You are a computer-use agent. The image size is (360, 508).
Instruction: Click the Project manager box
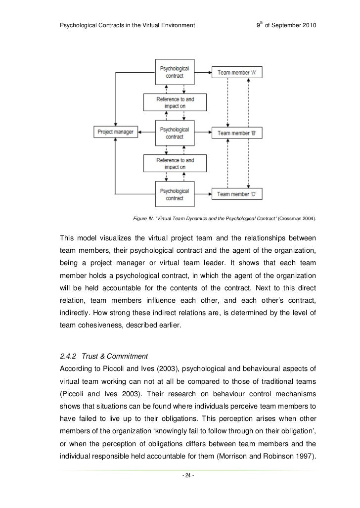coord(115,132)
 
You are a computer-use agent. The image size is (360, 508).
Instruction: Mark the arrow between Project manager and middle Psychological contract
coord(147,132)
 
